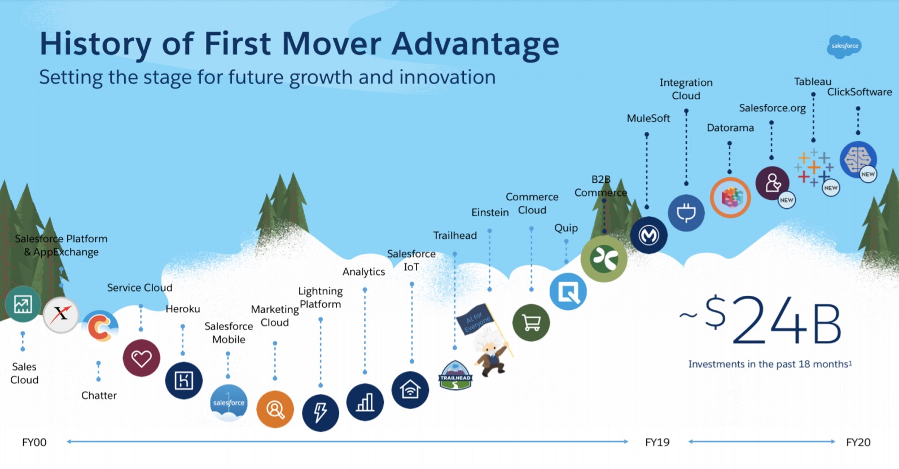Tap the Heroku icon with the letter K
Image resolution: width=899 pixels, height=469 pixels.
click(183, 380)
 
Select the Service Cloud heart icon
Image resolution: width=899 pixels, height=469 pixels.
click(141, 358)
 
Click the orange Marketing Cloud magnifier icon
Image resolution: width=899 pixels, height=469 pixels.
click(275, 409)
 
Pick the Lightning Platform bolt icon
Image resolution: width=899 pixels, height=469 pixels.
click(320, 413)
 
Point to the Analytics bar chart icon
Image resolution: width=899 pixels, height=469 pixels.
click(365, 402)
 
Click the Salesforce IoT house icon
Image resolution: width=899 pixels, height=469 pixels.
click(410, 389)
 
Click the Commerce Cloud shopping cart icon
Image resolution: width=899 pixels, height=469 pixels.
click(530, 323)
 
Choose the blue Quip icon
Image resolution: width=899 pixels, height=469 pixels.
click(568, 292)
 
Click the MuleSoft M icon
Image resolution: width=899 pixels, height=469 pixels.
click(648, 235)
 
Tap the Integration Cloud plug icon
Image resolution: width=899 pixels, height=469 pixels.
click(686, 213)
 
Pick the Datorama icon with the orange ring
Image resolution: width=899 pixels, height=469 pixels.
click(730, 198)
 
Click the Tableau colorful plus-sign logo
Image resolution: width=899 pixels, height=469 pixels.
click(813, 168)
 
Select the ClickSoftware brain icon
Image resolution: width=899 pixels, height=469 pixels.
click(857, 159)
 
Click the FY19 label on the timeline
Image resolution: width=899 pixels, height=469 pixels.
click(657, 442)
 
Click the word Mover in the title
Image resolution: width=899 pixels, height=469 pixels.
click(333, 44)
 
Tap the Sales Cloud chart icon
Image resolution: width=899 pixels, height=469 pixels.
click(23, 304)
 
